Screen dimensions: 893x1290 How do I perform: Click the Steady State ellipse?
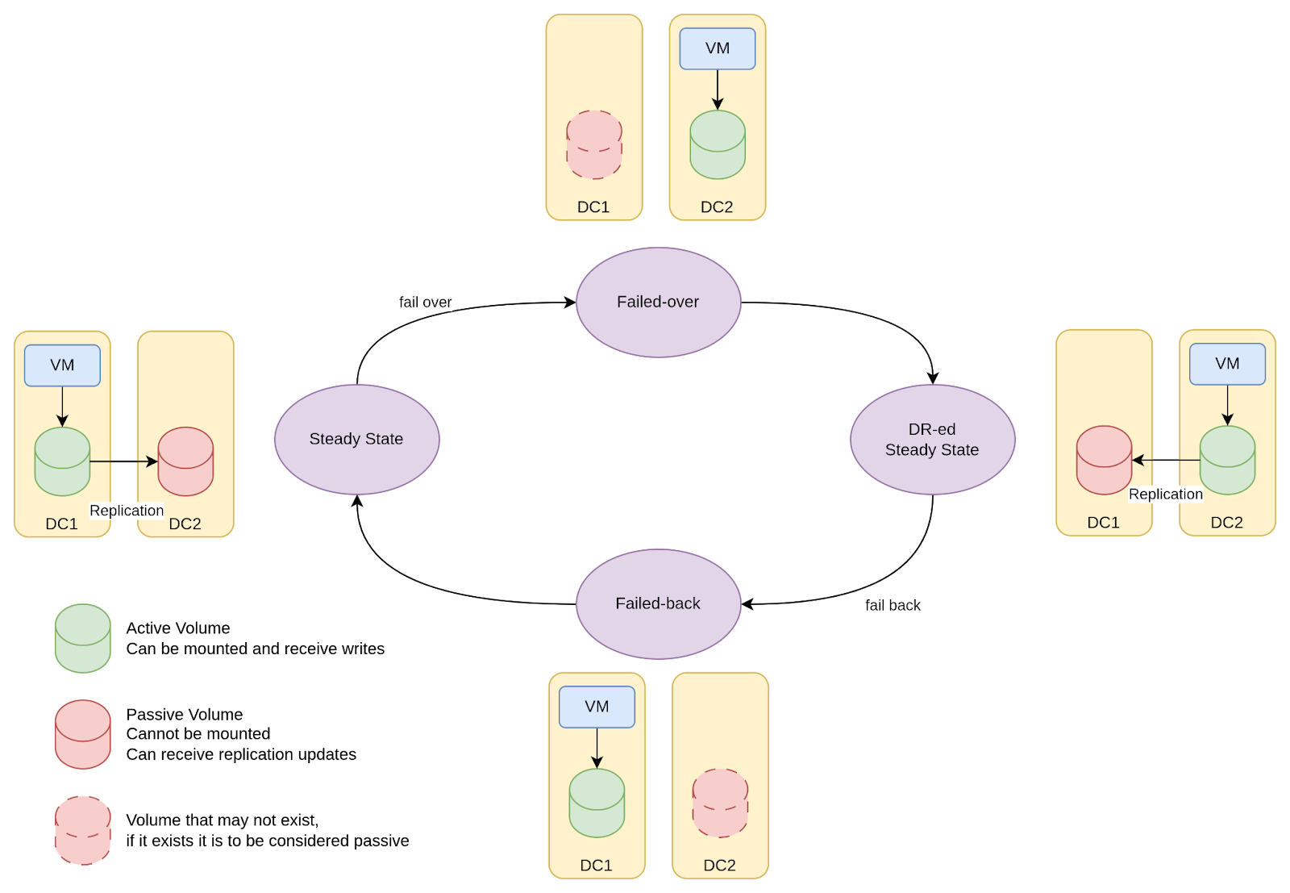click(356, 439)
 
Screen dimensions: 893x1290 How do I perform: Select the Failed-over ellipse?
click(658, 302)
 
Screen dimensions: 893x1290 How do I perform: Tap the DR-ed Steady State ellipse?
click(932, 439)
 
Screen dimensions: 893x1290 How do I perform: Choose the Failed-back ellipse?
click(658, 603)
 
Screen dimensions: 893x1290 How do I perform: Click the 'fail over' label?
click(426, 302)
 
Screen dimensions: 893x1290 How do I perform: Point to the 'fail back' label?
click(893, 605)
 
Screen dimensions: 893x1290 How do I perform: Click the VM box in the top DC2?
click(718, 48)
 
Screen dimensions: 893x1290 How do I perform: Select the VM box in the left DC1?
click(62, 365)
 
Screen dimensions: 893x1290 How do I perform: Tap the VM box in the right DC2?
click(1227, 364)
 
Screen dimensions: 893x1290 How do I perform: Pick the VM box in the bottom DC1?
click(597, 707)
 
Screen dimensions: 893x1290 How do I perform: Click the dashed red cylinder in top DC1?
click(594, 144)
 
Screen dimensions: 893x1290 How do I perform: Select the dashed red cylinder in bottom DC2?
click(720, 803)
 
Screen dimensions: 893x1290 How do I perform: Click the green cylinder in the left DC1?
click(62, 461)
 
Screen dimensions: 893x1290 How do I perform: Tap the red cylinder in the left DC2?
click(185, 461)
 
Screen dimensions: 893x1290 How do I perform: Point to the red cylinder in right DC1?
click(1105, 460)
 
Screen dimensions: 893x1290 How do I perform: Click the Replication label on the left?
click(127, 511)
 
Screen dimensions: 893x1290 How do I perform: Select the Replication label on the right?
click(1166, 494)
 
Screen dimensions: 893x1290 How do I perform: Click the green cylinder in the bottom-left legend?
click(83, 638)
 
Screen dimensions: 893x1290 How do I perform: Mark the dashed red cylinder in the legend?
click(83, 831)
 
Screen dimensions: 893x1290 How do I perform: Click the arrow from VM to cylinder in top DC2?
click(718, 90)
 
